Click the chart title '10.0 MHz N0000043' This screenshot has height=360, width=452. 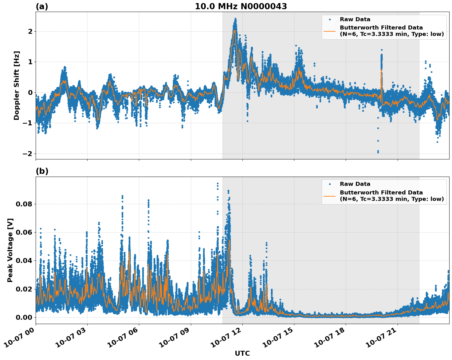[241, 6]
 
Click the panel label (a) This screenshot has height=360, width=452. [42, 6]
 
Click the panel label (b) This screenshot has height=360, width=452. [42, 171]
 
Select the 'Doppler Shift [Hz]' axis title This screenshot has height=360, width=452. [17, 85]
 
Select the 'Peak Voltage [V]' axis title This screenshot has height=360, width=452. [10, 250]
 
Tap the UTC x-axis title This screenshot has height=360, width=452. [242, 353]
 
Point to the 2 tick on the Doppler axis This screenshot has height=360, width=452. [30, 31]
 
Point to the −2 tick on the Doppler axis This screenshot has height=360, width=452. [28, 154]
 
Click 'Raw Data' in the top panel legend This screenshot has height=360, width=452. [355, 19]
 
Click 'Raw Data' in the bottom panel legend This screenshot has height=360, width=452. [355, 184]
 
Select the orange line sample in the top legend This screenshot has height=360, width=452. [329, 31]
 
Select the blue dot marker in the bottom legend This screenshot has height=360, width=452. [329, 184]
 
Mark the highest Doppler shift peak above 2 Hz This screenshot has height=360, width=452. [236, 19]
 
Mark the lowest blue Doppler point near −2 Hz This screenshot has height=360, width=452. [378, 152]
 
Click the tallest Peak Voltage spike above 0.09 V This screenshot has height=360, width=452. [218, 183]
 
